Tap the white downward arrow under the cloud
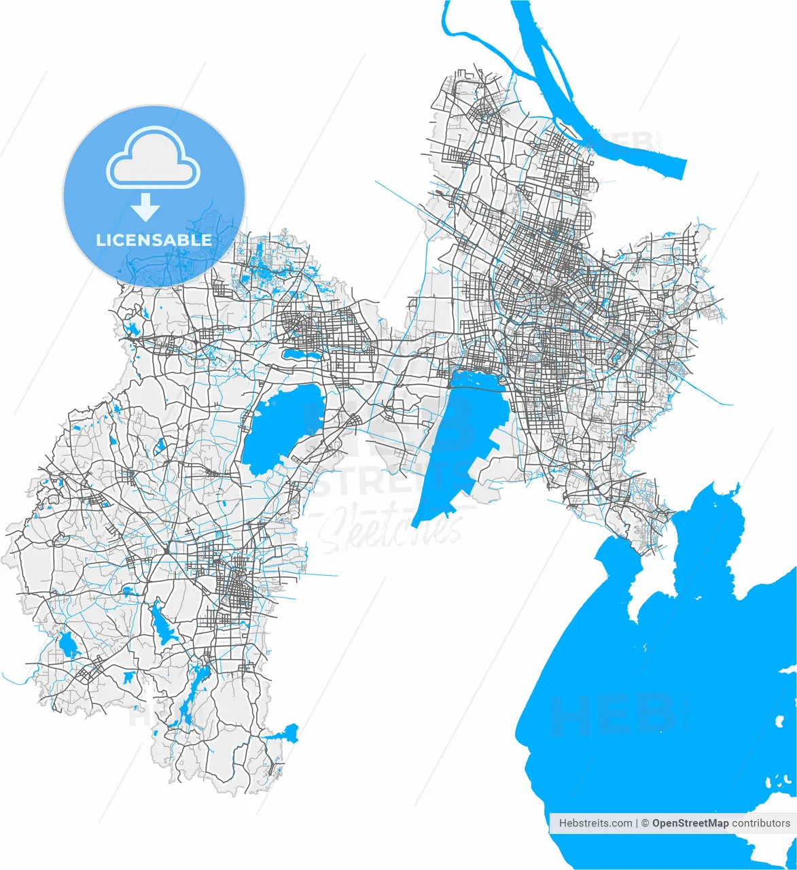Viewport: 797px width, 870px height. (145, 207)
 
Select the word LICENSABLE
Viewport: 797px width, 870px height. (154, 240)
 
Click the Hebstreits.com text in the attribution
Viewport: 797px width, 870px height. (595, 823)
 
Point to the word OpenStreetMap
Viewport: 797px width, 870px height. (690, 823)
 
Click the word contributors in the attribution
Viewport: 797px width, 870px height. (761, 823)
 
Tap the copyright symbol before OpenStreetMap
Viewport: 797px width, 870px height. (645, 823)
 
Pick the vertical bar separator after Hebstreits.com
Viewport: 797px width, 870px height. (637, 823)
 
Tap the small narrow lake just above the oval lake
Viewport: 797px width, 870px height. (302, 354)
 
